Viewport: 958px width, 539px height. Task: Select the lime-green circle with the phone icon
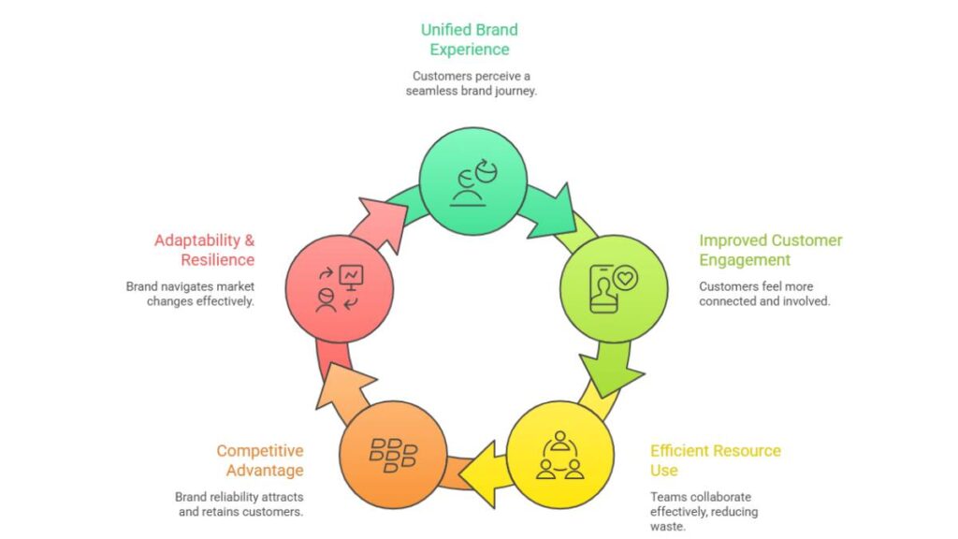pos(613,286)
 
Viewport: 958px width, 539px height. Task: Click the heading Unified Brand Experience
pos(470,39)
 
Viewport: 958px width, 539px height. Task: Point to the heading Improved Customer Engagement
pos(770,250)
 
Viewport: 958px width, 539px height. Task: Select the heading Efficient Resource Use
pos(715,459)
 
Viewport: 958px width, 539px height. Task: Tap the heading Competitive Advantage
pos(259,459)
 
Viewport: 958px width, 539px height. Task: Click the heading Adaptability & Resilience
pos(204,250)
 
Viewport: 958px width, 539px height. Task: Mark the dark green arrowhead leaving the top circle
pos(558,208)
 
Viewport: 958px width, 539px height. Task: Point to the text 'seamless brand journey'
pos(471,91)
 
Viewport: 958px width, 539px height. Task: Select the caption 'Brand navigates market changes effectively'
pos(190,294)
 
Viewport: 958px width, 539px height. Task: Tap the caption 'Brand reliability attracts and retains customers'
pos(239,504)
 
